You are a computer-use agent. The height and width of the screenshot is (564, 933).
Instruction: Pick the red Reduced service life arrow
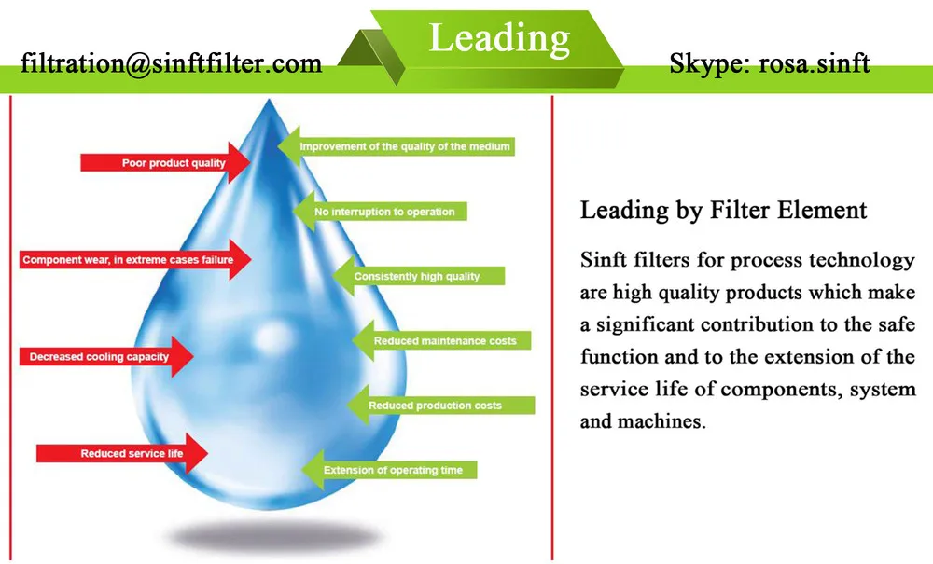coord(121,454)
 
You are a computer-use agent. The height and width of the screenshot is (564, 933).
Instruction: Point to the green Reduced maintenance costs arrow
coord(442,341)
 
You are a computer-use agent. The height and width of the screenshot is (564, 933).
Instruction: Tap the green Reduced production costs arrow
coord(439,406)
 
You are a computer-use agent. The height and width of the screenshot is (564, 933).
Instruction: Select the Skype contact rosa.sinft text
coord(770,63)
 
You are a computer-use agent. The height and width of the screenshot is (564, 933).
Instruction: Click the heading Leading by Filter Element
coord(723,210)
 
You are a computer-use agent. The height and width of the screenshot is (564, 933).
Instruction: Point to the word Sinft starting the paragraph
coord(603,259)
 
